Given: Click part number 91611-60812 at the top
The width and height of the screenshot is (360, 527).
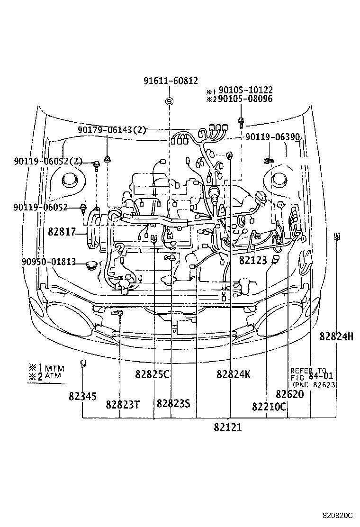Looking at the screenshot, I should pyautogui.click(x=171, y=81).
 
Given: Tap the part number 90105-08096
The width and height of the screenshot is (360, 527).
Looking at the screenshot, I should pyautogui.click(x=245, y=99).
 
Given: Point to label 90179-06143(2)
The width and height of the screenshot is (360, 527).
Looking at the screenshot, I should pyautogui.click(x=112, y=130).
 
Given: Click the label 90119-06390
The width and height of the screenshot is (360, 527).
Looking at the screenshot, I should pyautogui.click(x=272, y=137).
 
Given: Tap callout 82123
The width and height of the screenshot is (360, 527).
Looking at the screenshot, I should pyautogui.click(x=253, y=260).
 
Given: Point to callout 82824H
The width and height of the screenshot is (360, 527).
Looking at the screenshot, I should pyautogui.click(x=336, y=336).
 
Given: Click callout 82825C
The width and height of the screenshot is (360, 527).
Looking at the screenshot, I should pyautogui.click(x=152, y=374).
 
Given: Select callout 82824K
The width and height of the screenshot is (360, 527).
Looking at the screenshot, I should pyautogui.click(x=234, y=374).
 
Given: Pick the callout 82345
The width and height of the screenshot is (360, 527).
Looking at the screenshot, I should pyautogui.click(x=82, y=396).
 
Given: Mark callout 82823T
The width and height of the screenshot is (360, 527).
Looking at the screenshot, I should pyautogui.click(x=122, y=404).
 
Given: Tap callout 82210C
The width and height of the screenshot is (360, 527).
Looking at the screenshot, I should pyautogui.click(x=269, y=406).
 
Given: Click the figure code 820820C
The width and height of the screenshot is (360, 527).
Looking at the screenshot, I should pyautogui.click(x=338, y=515).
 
